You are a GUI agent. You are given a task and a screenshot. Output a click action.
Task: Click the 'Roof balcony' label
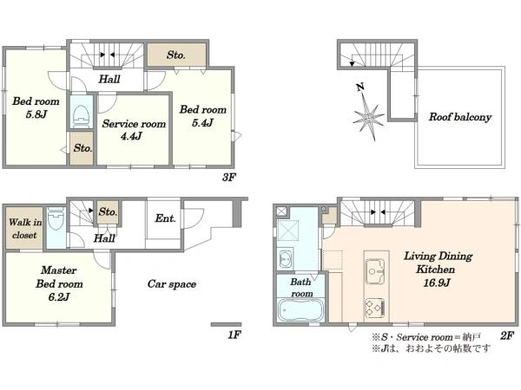click(460, 117)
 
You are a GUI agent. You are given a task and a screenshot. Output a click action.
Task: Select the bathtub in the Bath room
click(301, 310)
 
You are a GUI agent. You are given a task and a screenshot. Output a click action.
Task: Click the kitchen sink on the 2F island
click(375, 271)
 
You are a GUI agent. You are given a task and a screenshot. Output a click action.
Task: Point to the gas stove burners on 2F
click(375, 308)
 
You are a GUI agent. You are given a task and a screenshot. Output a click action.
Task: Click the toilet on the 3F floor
click(82, 116)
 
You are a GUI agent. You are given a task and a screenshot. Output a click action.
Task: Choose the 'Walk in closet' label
click(25, 229)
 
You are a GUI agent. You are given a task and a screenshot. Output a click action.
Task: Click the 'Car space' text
click(172, 284)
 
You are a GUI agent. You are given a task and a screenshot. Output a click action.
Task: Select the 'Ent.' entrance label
click(165, 218)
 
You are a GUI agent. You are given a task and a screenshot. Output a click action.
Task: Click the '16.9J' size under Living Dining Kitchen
click(437, 283)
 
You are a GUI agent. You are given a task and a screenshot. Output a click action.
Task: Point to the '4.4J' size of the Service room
click(132, 136)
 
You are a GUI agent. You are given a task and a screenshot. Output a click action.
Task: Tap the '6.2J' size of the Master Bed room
click(59, 296)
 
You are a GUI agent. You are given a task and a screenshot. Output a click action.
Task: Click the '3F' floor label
click(229, 178)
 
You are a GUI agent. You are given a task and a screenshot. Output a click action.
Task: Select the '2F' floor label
click(507, 336)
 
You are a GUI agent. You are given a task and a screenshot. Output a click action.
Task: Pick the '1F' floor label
click(234, 335)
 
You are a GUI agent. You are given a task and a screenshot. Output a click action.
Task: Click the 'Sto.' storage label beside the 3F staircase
click(175, 55)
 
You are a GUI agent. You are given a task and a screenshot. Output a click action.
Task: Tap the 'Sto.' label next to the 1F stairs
click(108, 212)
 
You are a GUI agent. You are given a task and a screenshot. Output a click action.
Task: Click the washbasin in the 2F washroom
click(285, 258)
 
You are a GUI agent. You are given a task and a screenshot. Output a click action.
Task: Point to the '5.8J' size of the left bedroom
click(36, 114)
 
